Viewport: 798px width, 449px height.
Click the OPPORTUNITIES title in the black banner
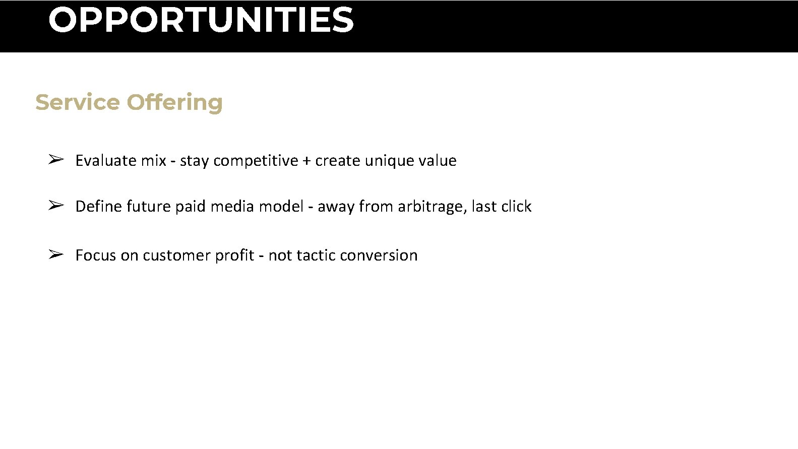(x=201, y=20)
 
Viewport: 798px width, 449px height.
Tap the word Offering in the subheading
(x=174, y=103)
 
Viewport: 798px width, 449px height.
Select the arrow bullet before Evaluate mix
(x=55, y=160)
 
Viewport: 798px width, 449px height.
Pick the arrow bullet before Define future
(x=55, y=206)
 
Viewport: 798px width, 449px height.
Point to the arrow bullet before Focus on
(x=55, y=254)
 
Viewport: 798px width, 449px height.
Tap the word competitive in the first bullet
(x=256, y=161)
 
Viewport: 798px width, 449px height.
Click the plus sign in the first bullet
(x=307, y=161)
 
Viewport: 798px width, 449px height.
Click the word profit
(x=234, y=255)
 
